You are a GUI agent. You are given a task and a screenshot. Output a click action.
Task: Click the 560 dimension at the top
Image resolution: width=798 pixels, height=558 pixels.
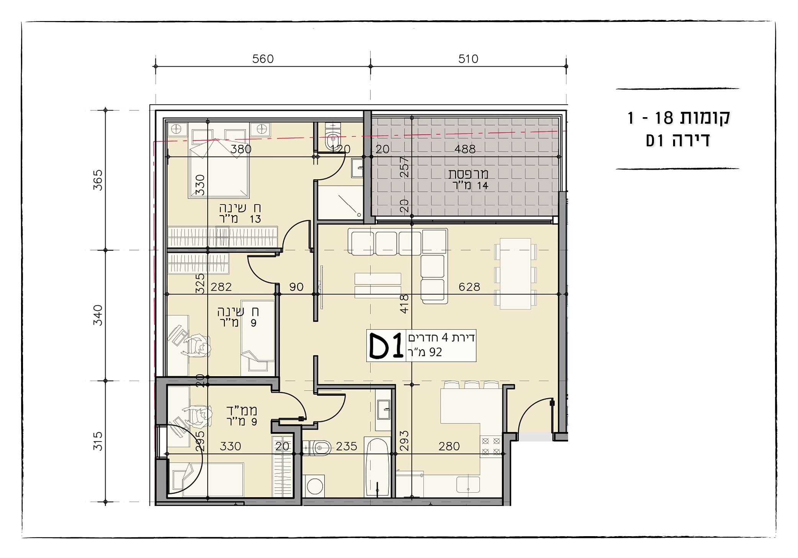pyautogui.click(x=263, y=59)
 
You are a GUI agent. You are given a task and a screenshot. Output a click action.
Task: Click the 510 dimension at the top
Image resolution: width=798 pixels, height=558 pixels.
pyautogui.click(x=468, y=59)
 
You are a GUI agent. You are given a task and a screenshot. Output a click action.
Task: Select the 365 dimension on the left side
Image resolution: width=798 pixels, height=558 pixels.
pyautogui.click(x=98, y=180)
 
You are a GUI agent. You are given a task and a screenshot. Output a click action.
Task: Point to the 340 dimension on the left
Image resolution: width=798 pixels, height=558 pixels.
pyautogui.click(x=98, y=315)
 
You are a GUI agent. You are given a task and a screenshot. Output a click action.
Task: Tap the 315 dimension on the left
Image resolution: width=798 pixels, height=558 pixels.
pyautogui.click(x=98, y=441)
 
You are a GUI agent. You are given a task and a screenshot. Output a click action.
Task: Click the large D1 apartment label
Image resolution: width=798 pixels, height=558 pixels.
pyautogui.click(x=386, y=345)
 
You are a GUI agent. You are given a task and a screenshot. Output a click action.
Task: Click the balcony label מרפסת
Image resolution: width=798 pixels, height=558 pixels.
pyautogui.click(x=468, y=174)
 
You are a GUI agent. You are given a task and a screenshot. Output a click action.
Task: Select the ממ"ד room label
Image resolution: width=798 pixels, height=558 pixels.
pyautogui.click(x=241, y=411)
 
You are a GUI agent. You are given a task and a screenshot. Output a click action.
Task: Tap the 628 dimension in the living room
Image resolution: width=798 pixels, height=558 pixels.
pyautogui.click(x=469, y=287)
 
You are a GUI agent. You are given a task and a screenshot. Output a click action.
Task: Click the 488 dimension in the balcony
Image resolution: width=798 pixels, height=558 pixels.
pyautogui.click(x=465, y=149)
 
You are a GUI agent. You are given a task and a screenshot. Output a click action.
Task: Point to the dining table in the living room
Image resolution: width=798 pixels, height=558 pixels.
pyautogui.click(x=515, y=273)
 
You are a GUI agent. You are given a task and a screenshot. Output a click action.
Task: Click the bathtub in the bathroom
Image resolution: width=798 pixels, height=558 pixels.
pyautogui.click(x=377, y=467)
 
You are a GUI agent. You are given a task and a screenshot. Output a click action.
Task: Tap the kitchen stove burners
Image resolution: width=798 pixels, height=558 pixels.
pyautogui.click(x=491, y=447)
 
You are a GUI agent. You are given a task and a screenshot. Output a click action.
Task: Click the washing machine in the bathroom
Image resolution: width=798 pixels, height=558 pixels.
pyautogui.click(x=314, y=486)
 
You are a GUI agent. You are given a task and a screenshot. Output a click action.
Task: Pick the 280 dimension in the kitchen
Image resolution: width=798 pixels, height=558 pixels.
pyautogui.click(x=449, y=446)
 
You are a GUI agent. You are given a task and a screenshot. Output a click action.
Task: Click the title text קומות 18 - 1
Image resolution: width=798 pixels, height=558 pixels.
pyautogui.click(x=678, y=118)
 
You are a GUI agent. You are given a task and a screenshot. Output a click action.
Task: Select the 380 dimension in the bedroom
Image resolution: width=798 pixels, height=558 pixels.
pyautogui.click(x=241, y=149)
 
